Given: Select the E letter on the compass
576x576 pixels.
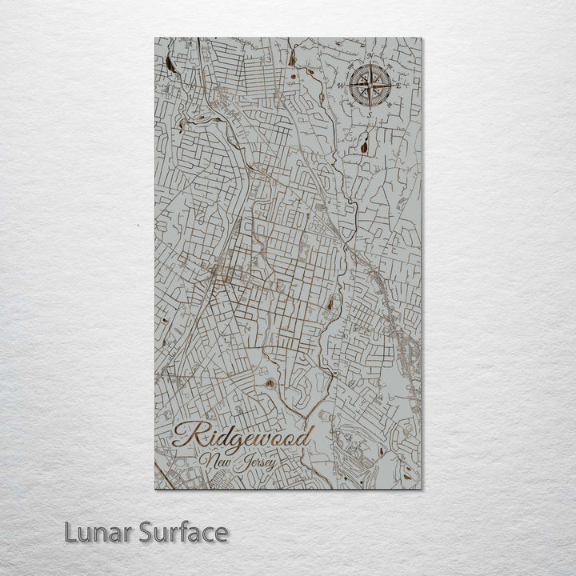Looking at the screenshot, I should pos(399,85).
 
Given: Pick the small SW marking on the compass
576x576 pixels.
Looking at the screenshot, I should pos(351,103).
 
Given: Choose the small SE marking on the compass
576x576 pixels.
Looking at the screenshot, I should pos(390,105).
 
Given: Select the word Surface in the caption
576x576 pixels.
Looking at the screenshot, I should pos(184,532).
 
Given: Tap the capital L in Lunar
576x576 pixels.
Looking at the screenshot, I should pos(71,532).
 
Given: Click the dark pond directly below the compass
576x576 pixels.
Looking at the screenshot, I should pos(365,146).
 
